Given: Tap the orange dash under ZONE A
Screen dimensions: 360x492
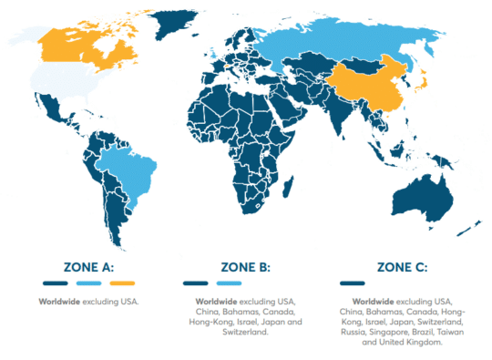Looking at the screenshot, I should pyautogui.click(x=120, y=283).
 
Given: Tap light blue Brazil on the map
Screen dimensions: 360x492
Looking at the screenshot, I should pyautogui.click(x=128, y=173).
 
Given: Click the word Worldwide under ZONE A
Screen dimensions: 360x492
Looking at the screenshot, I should pyautogui.click(x=56, y=300).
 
